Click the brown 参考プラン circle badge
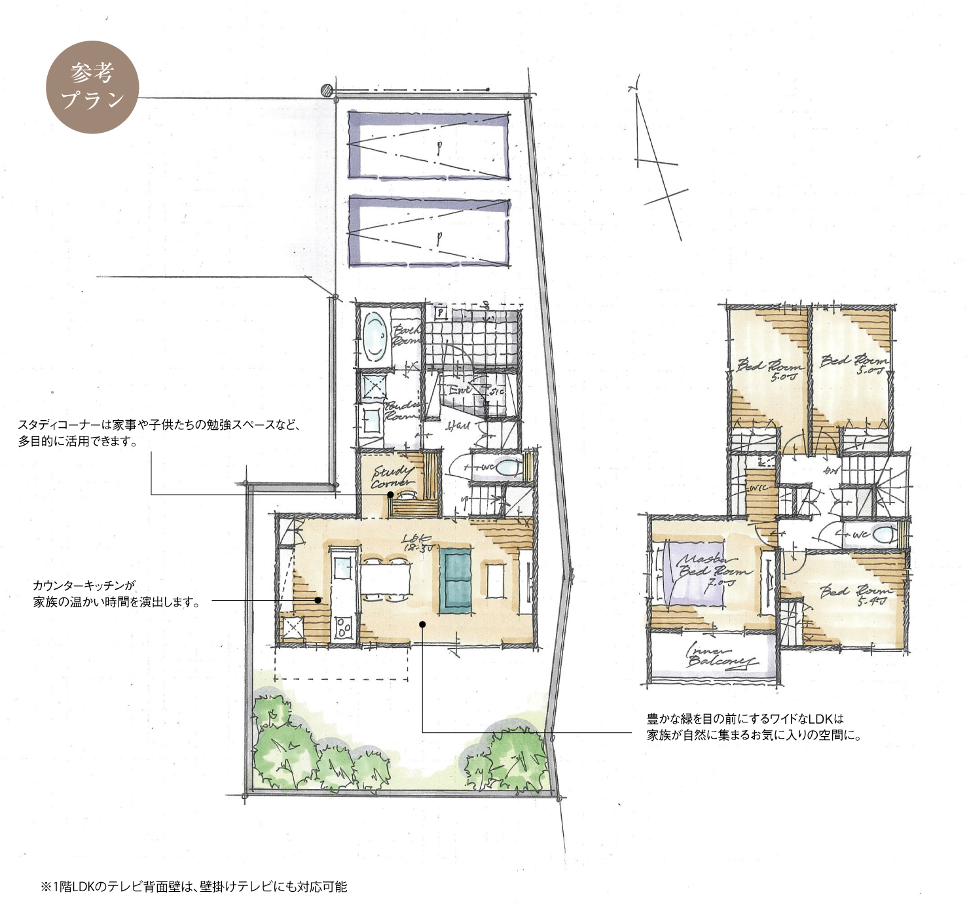[x=92, y=87]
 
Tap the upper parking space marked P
[x=429, y=145]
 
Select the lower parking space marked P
[x=429, y=232]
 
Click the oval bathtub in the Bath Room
[x=375, y=336]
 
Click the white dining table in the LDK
[x=386, y=579]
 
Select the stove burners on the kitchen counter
[x=344, y=629]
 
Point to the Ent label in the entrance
[x=460, y=389]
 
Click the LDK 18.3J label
[x=417, y=543]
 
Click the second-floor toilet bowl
[x=884, y=534]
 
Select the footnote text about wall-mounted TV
[x=194, y=887]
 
